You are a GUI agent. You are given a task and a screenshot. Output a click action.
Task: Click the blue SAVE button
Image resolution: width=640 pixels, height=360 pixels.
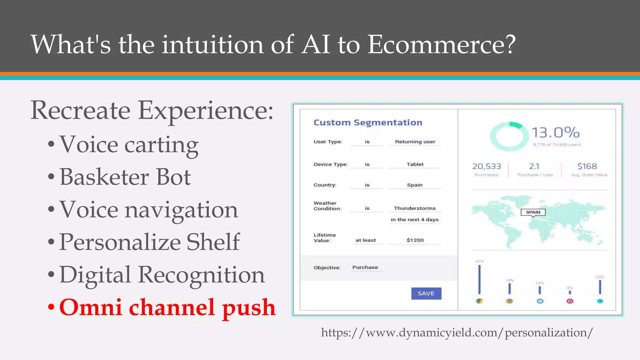426,293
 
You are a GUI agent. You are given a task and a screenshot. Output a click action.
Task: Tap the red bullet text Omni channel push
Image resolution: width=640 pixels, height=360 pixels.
167,307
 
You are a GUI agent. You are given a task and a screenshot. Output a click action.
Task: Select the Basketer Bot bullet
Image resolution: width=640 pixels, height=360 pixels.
125,177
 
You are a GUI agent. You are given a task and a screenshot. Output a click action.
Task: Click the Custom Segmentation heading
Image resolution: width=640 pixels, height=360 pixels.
368,122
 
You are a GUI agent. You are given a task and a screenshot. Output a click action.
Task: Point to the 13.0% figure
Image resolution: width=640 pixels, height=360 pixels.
555,132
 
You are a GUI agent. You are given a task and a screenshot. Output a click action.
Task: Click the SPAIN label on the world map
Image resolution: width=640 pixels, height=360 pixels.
533,212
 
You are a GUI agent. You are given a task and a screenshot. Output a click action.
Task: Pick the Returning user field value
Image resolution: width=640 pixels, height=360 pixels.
415,142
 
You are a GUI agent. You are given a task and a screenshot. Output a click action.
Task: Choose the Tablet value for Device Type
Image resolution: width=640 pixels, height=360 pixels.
415,164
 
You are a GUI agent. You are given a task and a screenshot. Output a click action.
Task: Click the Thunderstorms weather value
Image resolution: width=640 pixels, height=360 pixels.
414,208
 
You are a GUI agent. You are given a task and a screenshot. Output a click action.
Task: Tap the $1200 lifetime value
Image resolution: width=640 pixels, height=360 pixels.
415,240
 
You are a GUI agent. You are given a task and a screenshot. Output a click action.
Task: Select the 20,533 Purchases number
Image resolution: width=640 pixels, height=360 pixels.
486,166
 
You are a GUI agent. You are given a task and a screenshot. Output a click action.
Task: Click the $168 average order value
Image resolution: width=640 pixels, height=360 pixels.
587,166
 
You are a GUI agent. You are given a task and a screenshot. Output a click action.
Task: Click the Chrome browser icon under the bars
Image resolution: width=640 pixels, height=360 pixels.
479,301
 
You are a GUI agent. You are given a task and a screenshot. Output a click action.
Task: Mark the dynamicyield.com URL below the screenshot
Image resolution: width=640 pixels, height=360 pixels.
457,332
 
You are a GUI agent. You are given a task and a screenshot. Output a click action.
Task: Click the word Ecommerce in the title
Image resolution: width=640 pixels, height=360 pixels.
441,44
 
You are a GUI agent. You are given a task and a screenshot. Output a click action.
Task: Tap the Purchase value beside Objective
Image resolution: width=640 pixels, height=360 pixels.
365,267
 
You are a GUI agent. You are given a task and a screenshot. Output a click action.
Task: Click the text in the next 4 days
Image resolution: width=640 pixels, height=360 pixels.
414,220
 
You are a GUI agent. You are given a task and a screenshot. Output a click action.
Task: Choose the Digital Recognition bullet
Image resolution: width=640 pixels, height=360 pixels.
162,275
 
